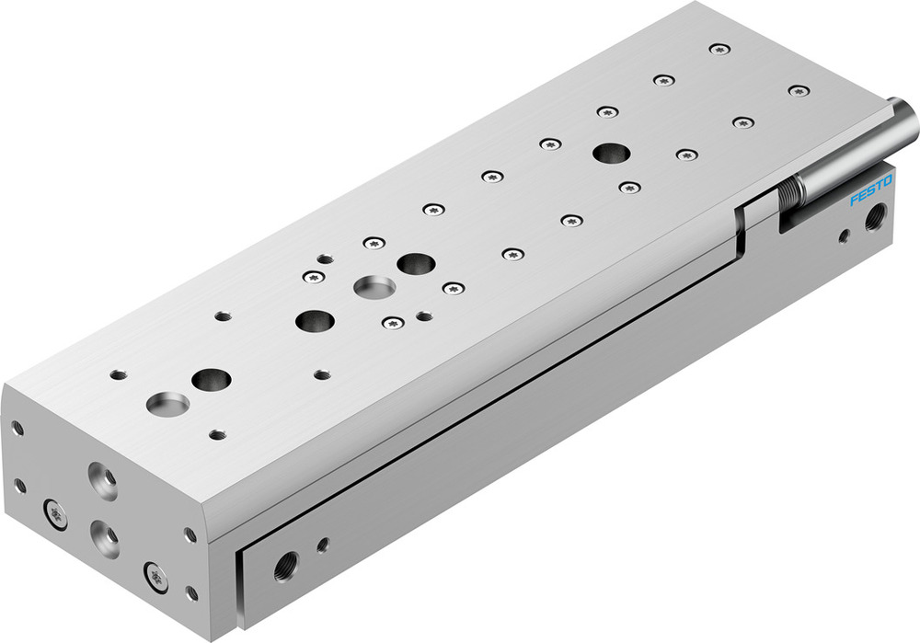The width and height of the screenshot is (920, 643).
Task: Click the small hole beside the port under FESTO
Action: point(844,236)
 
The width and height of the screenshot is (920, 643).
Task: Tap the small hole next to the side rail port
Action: point(323,545)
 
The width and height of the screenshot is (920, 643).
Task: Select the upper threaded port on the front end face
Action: point(102,479)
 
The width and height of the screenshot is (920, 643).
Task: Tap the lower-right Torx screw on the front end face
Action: point(157,578)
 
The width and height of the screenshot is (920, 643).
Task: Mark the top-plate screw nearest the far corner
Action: point(719,47)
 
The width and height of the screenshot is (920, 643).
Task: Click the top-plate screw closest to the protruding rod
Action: point(799,90)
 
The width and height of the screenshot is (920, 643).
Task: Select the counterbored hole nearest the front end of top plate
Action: point(167,403)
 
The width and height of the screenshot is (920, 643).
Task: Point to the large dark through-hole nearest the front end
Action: point(212,378)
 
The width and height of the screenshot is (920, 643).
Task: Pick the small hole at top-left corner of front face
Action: point(17,428)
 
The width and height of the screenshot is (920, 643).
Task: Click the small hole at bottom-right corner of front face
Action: point(191,592)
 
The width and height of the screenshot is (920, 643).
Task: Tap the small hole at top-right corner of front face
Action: point(190,534)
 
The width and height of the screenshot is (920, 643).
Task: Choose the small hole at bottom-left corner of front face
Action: point(20,484)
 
